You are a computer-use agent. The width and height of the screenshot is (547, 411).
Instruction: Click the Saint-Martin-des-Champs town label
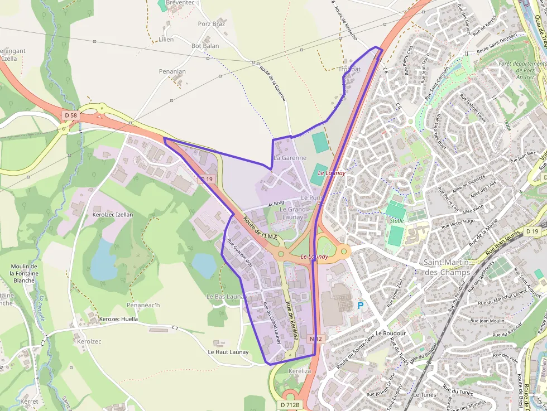click(x=447, y=267)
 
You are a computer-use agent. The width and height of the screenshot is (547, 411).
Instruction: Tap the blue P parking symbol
click(x=360, y=306)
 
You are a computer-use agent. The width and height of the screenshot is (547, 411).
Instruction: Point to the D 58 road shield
click(x=71, y=115)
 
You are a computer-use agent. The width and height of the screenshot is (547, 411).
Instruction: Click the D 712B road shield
click(x=290, y=404)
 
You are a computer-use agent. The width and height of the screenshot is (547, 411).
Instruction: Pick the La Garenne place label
click(x=290, y=158)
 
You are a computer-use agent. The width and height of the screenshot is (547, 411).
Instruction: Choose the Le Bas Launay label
click(x=226, y=297)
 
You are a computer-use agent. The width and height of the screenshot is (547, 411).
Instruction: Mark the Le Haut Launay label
click(x=228, y=352)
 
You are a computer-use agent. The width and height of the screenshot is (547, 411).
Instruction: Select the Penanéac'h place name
click(x=143, y=305)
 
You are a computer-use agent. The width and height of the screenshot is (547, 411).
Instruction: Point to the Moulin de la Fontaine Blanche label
click(x=31, y=273)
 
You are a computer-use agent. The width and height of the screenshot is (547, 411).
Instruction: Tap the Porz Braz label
click(x=212, y=24)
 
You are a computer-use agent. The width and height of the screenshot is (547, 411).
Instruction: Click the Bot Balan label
click(x=205, y=46)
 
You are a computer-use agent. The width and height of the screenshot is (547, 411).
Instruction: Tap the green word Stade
click(x=396, y=221)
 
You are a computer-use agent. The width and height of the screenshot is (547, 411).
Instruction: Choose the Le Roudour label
click(x=391, y=333)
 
